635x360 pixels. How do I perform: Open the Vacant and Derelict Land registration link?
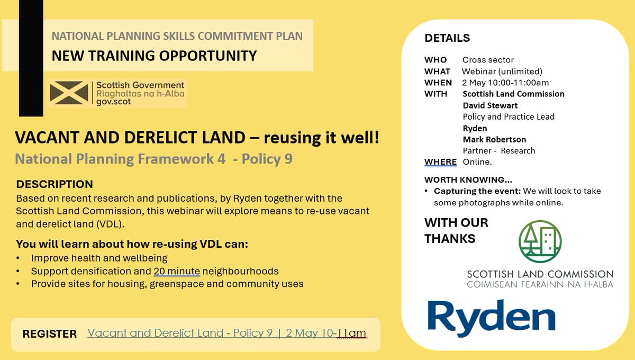point(226,333)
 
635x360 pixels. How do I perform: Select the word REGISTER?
point(50,334)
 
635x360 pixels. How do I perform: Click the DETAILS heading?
point(447,38)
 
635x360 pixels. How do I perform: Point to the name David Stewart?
point(490,105)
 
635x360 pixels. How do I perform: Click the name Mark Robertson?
point(495,139)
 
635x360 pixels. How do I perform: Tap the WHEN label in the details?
point(438,83)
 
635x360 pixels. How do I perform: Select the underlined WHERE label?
point(440,161)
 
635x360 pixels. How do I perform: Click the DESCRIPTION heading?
point(55,184)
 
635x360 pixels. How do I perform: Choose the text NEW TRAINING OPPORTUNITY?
point(154,55)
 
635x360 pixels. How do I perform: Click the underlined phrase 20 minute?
point(177,272)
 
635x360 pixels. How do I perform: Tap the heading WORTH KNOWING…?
point(468,179)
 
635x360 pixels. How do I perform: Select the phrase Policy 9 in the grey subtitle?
point(267,159)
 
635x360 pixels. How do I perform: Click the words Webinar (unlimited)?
point(502,71)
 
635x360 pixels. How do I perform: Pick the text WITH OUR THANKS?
point(456,230)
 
